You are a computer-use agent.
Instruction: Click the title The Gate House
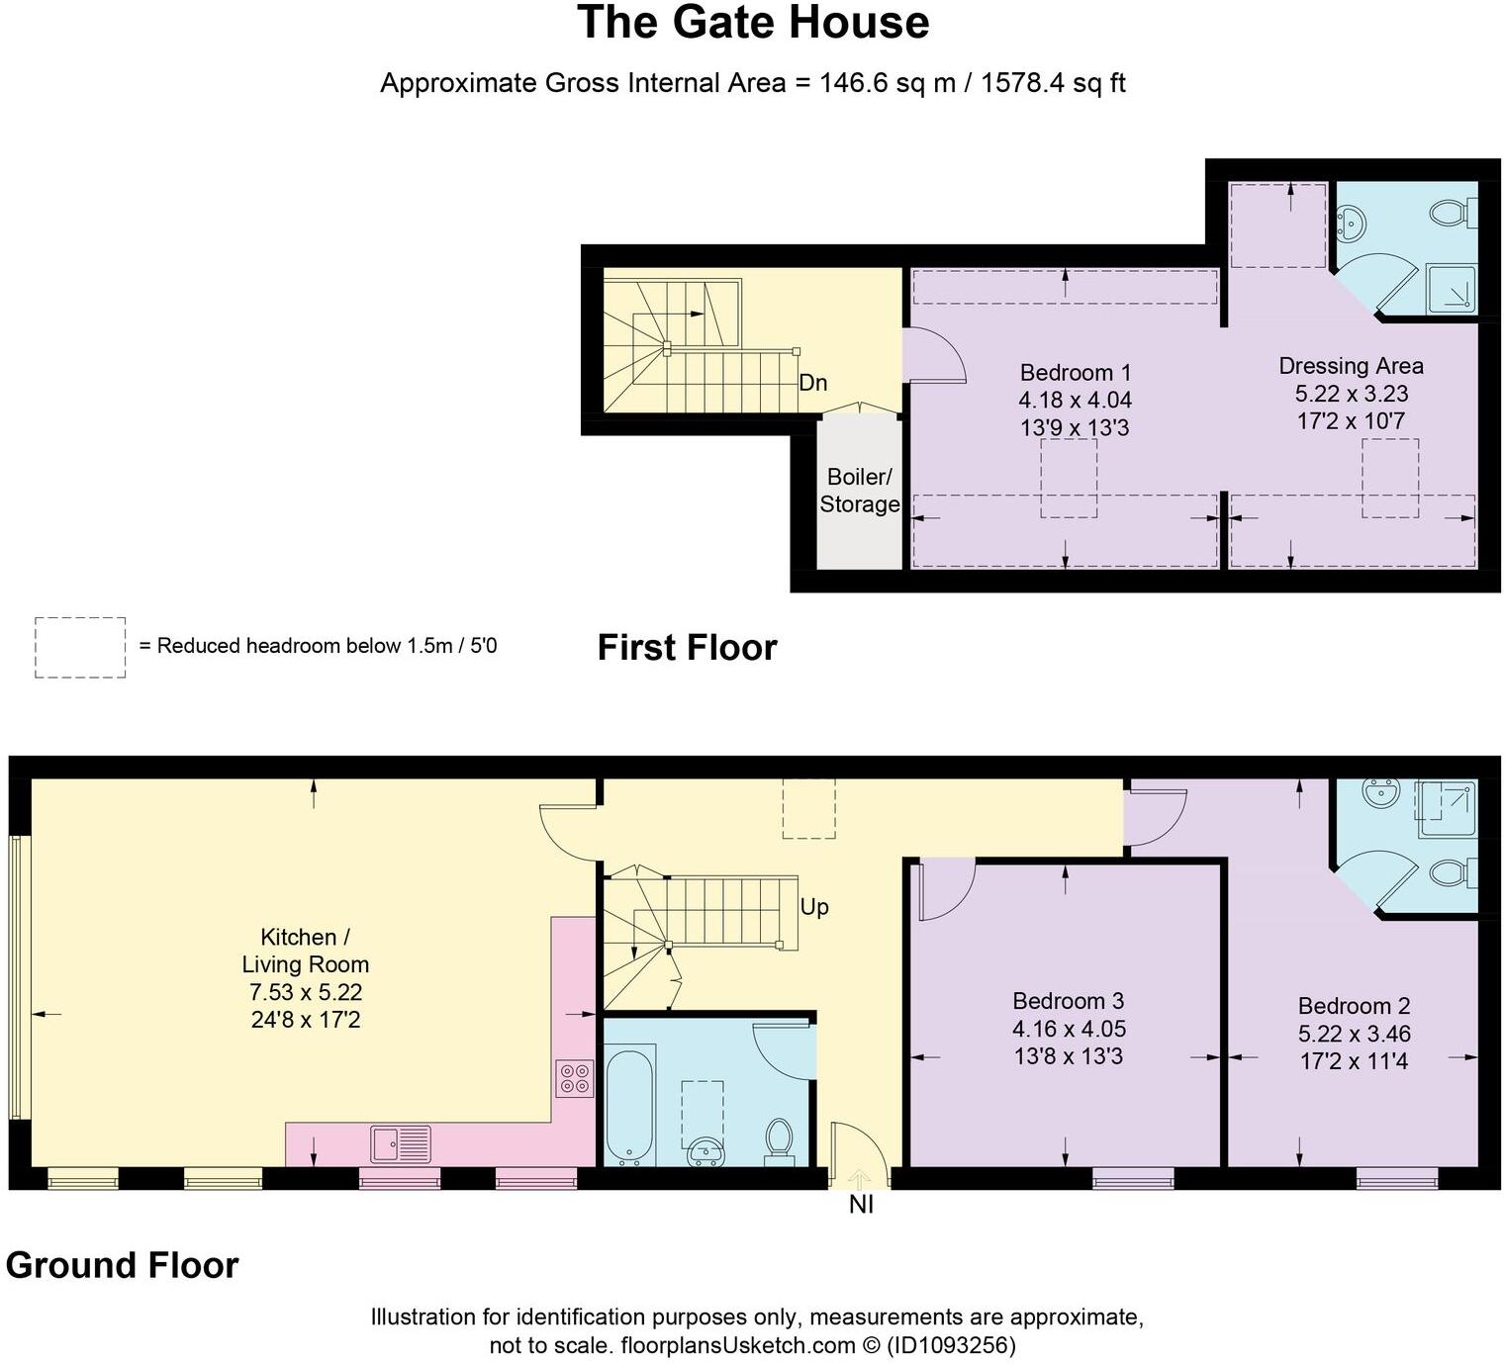point(752,24)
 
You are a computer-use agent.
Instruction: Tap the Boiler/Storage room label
point(859,491)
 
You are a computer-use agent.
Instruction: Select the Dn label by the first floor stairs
point(812,383)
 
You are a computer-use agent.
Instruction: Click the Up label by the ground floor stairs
point(813,907)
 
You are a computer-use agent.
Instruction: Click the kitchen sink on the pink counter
point(401,1144)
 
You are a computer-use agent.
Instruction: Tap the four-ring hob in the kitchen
point(575,1078)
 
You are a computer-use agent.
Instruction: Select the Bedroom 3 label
point(1068,1001)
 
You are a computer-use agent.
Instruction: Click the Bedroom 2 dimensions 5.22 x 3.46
point(1354,1034)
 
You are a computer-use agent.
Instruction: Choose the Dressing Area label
point(1351,366)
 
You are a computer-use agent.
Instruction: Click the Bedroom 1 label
point(1075,373)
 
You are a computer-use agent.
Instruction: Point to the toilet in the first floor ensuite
point(1452,212)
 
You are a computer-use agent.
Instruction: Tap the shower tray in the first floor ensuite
point(1451,289)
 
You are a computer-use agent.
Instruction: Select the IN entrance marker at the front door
point(861,1204)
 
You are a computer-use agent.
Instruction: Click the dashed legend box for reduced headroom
point(80,648)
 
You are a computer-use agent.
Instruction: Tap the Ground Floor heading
point(122,1265)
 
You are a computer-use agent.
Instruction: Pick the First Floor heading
point(687,648)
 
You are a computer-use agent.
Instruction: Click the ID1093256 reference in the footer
point(951,1345)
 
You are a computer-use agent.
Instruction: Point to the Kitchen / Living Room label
point(305,951)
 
